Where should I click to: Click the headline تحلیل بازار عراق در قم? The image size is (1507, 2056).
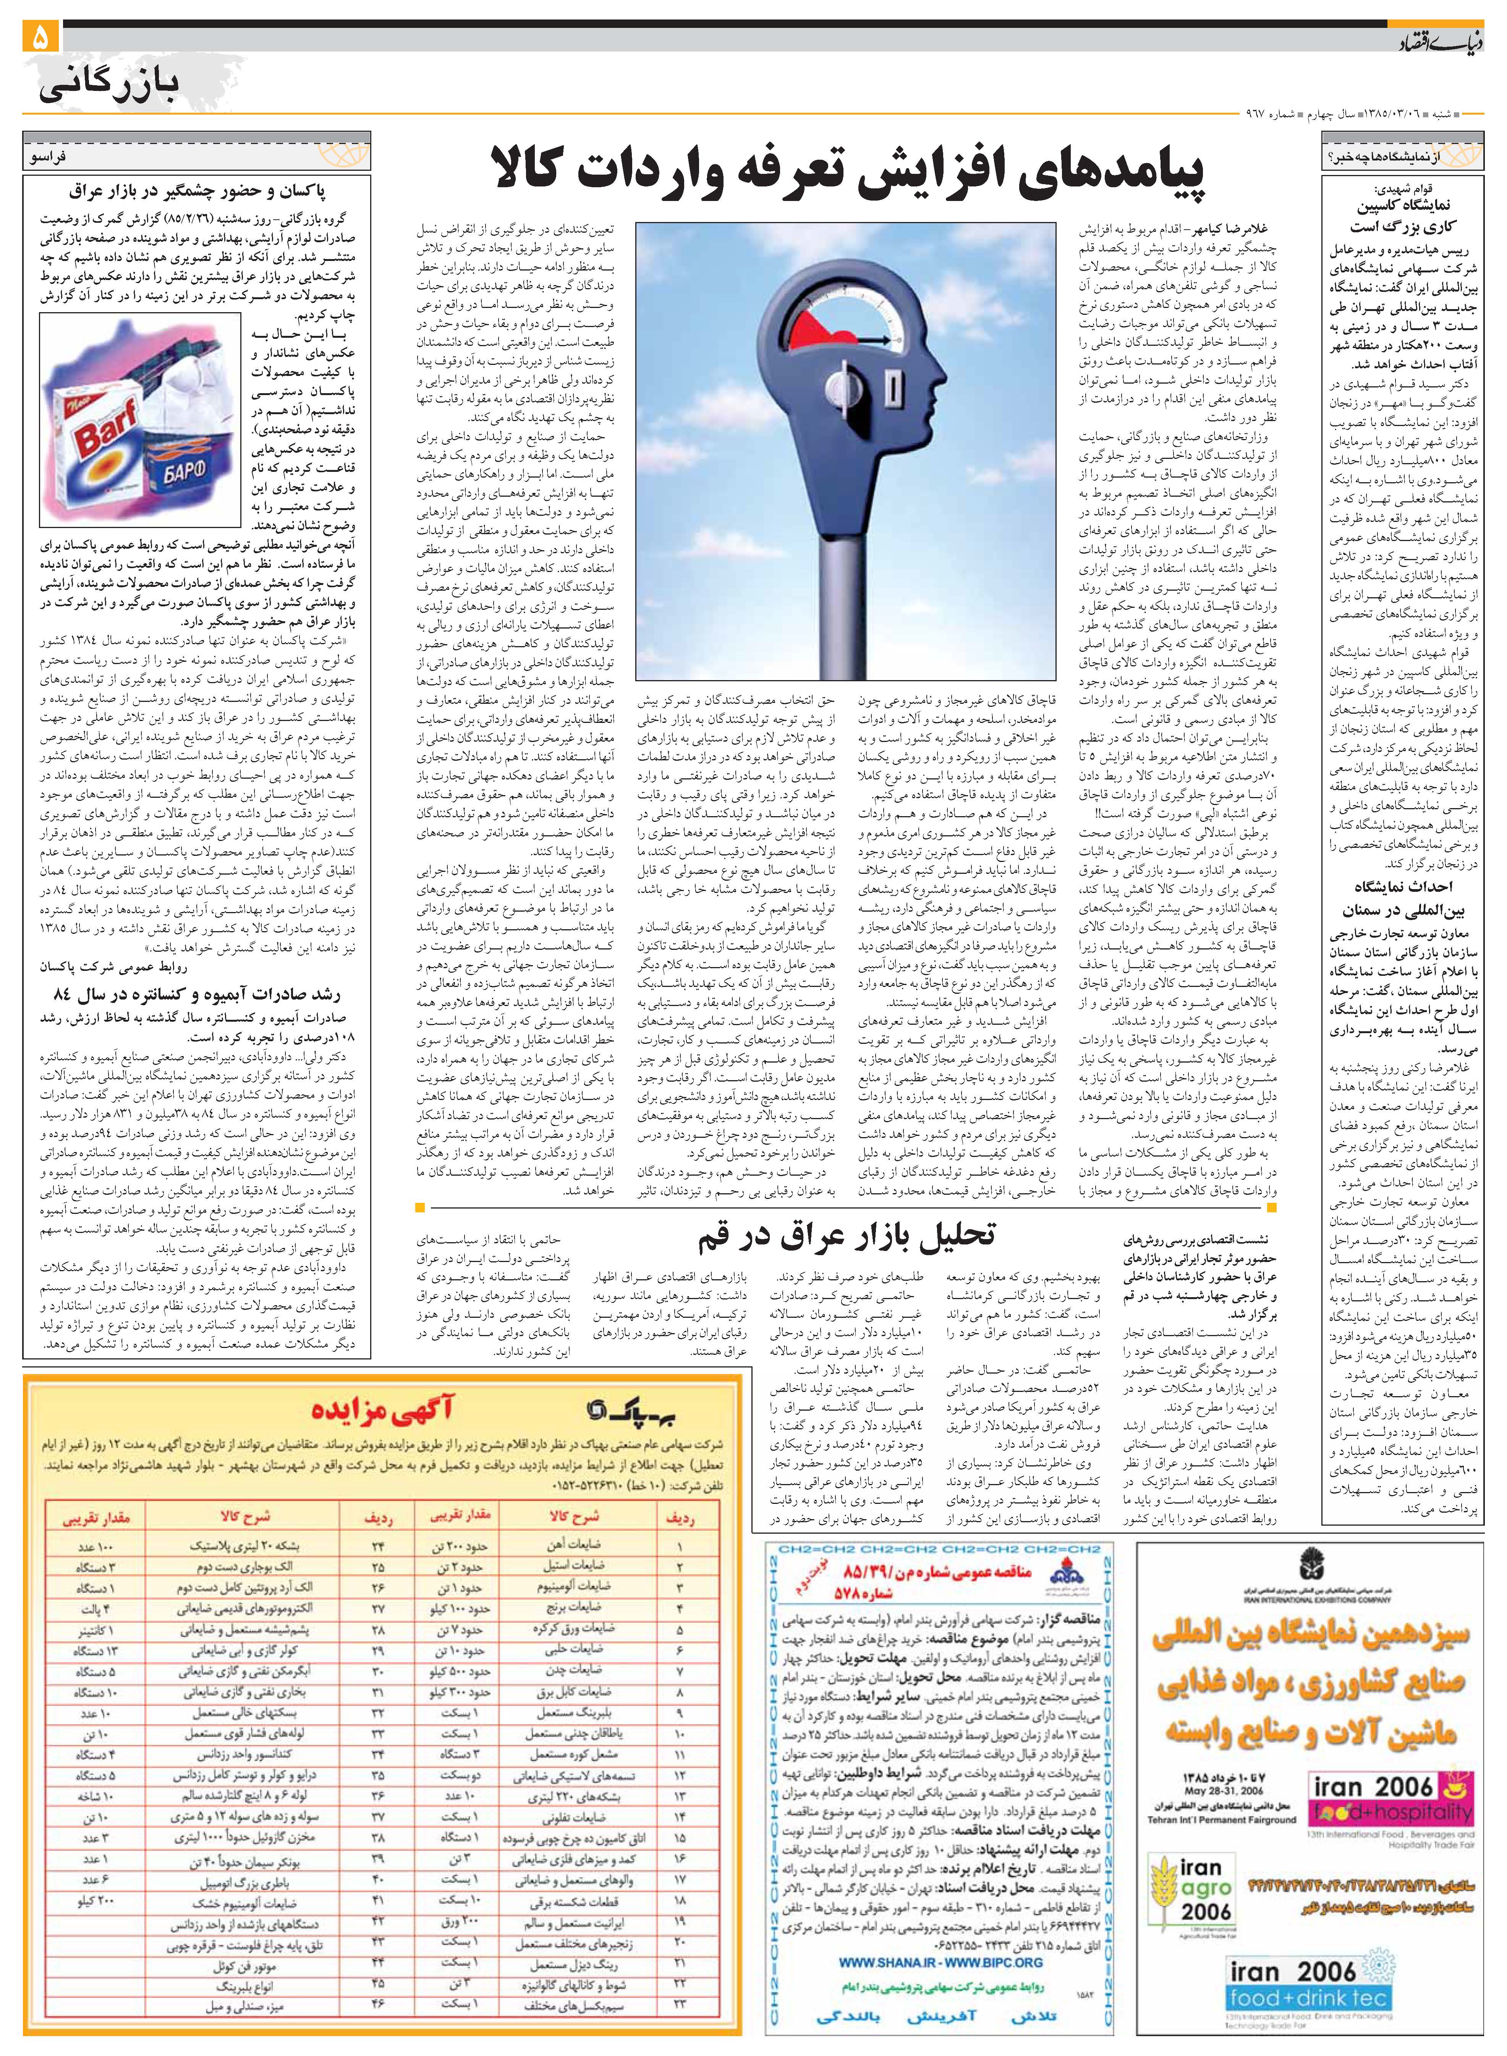[x=847, y=1236]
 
